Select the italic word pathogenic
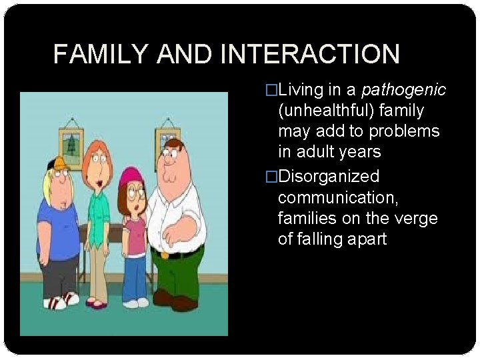pos(404,89)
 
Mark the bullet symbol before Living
pos(271,90)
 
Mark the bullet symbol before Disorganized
pos(271,177)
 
